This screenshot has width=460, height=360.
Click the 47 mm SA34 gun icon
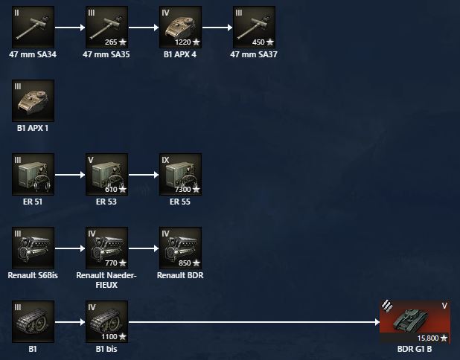tap(33, 28)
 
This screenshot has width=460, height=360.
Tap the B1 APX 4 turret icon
tap(180, 28)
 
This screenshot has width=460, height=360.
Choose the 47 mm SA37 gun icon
tap(254, 28)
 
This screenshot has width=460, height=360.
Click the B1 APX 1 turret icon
tap(33, 101)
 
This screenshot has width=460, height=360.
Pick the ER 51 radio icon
tap(33, 175)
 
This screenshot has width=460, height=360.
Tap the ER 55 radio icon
tap(180, 175)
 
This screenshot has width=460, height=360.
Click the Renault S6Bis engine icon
tap(33, 248)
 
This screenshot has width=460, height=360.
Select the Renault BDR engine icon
tap(180, 248)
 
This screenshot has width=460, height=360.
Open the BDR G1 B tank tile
tap(415, 321)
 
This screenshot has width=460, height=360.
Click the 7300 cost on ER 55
tap(182, 190)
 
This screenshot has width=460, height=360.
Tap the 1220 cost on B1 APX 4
tap(182, 42)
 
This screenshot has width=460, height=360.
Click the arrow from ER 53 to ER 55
tap(143, 176)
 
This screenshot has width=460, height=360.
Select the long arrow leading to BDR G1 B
tap(253, 322)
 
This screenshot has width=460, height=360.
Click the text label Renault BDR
tap(180, 274)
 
